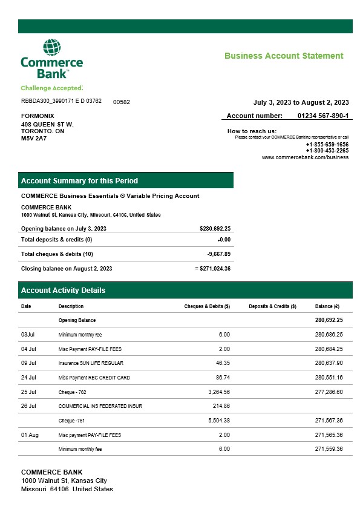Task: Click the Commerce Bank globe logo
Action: (x=51, y=48)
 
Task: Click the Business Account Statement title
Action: (x=284, y=56)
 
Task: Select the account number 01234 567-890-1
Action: (x=323, y=116)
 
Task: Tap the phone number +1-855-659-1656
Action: (x=327, y=145)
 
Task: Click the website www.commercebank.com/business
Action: (x=305, y=157)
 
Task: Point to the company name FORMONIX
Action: (x=38, y=116)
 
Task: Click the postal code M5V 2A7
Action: (x=34, y=138)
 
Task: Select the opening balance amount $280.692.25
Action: (x=215, y=228)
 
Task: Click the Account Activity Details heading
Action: (x=63, y=291)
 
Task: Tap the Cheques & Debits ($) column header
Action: (x=207, y=306)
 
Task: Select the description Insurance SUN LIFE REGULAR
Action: (x=91, y=363)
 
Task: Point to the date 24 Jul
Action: (x=29, y=378)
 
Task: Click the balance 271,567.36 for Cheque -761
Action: (x=329, y=420)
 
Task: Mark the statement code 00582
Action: (x=122, y=102)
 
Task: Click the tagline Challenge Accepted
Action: (x=51, y=88)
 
